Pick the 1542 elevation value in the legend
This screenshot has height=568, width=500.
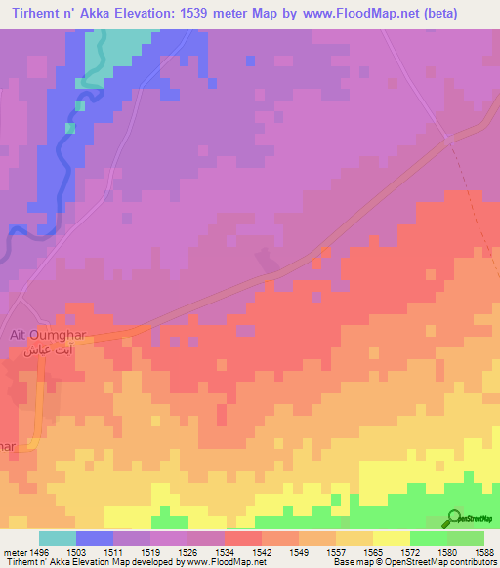click(x=261, y=551)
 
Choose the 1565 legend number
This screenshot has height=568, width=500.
click(x=372, y=551)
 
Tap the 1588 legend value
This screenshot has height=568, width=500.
click(x=483, y=551)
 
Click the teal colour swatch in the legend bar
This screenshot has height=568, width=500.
click(x=57, y=538)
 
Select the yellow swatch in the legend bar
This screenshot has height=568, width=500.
click(x=391, y=538)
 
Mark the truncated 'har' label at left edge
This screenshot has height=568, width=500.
click(x=8, y=446)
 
